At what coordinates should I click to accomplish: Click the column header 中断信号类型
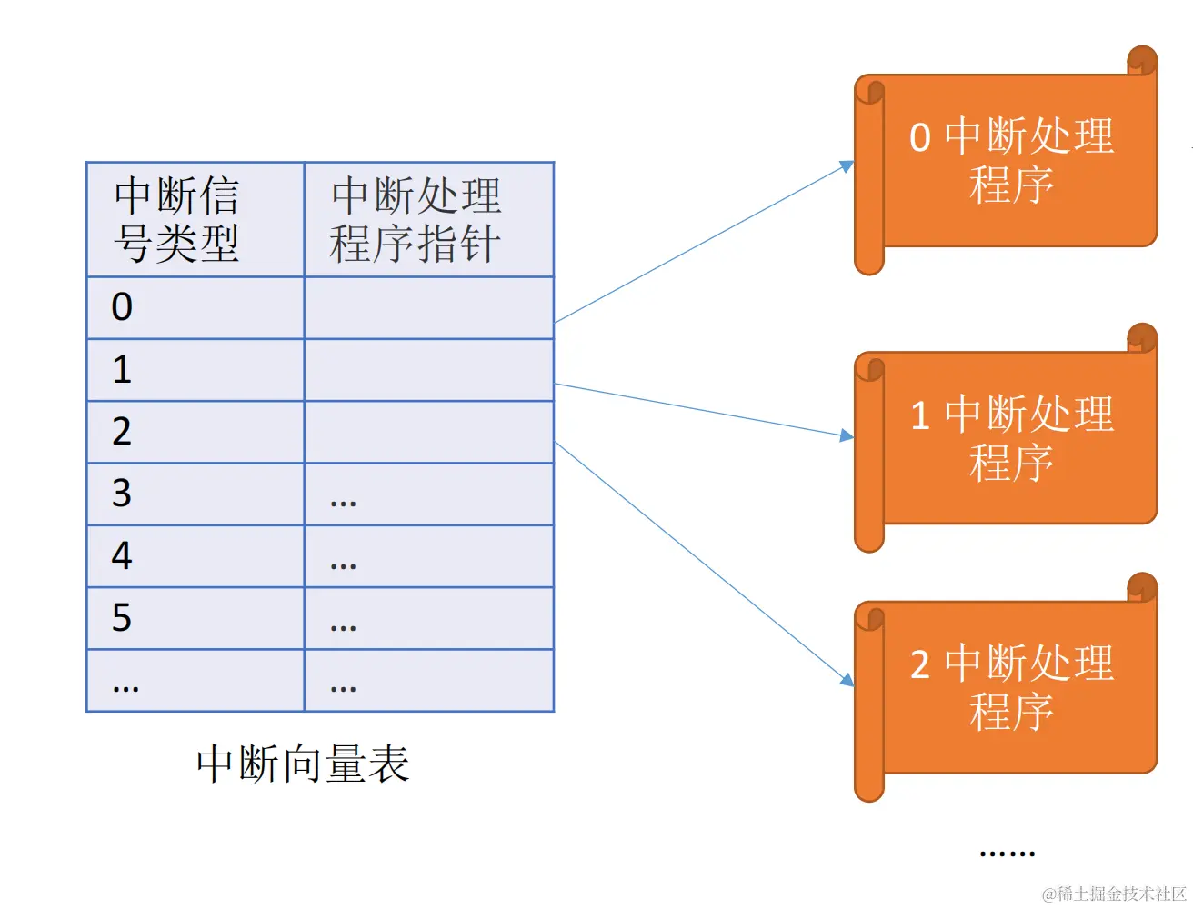pyautogui.click(x=177, y=220)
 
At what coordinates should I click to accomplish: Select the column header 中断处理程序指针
pyautogui.click(x=416, y=220)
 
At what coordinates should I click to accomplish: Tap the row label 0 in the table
pyautogui.click(x=122, y=307)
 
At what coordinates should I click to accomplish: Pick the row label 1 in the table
pyautogui.click(x=122, y=370)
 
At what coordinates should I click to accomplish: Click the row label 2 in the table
pyautogui.click(x=122, y=432)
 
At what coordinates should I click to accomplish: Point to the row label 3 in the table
pyautogui.click(x=122, y=494)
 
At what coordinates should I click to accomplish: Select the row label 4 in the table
pyautogui.click(x=122, y=555)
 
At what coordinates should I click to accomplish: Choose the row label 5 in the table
pyautogui.click(x=122, y=618)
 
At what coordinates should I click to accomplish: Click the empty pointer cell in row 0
pyautogui.click(x=428, y=308)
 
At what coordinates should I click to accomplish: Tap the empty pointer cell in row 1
pyautogui.click(x=428, y=370)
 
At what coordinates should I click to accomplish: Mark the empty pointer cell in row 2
pyautogui.click(x=428, y=432)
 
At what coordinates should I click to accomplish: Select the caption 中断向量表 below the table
pyautogui.click(x=303, y=764)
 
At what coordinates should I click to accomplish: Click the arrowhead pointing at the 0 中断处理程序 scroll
pyautogui.click(x=847, y=166)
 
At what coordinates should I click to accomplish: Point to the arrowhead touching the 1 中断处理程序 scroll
pyautogui.click(x=847, y=435)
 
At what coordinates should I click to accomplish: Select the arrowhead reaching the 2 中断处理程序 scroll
pyautogui.click(x=847, y=680)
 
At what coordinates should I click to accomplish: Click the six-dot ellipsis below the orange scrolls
pyautogui.click(x=1008, y=854)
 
